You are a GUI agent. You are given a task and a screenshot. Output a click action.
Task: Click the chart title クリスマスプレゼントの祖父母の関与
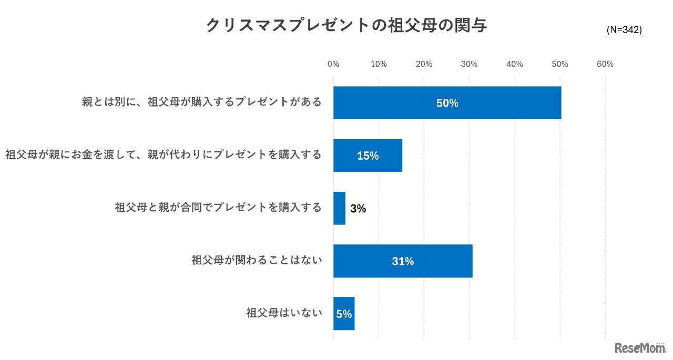(x=346, y=25)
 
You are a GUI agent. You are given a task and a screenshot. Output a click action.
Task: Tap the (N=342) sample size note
(x=624, y=30)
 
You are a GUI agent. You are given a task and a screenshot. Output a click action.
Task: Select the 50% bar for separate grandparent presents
(x=447, y=103)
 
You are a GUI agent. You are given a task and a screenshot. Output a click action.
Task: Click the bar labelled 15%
(x=368, y=156)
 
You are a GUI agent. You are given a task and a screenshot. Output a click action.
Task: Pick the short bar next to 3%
(x=339, y=208)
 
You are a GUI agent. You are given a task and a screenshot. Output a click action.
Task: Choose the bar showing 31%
(x=403, y=261)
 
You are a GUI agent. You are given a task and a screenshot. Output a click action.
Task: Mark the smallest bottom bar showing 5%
(x=344, y=314)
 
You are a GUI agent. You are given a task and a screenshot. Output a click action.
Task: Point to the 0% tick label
(x=333, y=64)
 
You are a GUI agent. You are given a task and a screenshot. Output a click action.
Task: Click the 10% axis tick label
(x=379, y=64)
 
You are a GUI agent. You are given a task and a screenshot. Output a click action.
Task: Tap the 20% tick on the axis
(x=424, y=64)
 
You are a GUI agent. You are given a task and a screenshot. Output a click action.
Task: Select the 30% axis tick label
(x=469, y=64)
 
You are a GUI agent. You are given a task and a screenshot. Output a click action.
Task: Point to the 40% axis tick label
(x=514, y=64)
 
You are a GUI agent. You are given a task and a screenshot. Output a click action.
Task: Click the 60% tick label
(x=605, y=64)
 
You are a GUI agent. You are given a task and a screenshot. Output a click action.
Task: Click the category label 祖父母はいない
(x=284, y=314)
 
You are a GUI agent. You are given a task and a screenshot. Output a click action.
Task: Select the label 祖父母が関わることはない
(x=257, y=261)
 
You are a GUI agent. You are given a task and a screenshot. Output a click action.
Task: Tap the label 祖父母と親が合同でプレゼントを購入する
(x=218, y=208)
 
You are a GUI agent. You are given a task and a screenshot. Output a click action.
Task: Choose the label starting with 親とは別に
(x=201, y=102)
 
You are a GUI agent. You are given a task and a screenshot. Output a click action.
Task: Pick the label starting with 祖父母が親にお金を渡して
(x=164, y=155)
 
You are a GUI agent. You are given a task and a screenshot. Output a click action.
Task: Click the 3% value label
(x=358, y=209)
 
